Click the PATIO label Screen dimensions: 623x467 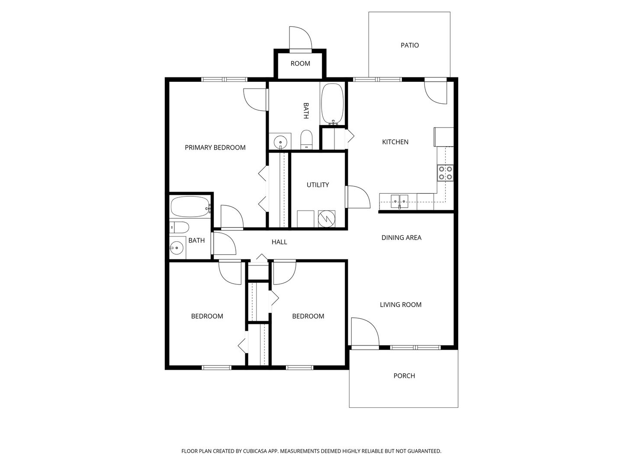click(409, 45)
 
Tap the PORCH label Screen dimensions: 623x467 click(404, 376)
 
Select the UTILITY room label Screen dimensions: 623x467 click(318, 185)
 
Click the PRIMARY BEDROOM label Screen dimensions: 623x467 click(215, 147)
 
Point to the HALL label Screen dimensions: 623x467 click(279, 242)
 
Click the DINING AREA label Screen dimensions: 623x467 click(401, 238)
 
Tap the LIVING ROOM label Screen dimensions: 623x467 click(401, 304)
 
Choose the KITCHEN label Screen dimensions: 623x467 click(395, 142)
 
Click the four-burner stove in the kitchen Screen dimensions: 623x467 click(445, 173)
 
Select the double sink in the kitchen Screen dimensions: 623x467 click(399, 202)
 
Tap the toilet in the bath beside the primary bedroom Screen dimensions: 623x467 click(306, 140)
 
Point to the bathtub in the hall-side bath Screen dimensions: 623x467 click(190, 207)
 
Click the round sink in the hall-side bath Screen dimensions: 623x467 click(177, 248)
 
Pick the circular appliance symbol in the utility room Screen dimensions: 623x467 click(326, 219)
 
